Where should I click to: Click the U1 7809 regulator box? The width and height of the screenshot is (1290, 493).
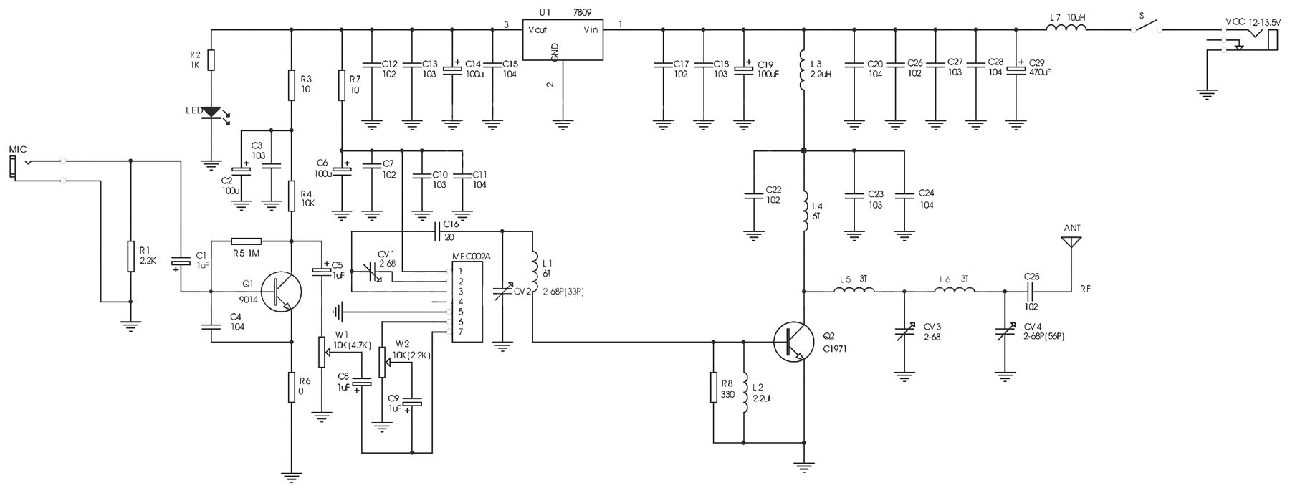[x=562, y=40]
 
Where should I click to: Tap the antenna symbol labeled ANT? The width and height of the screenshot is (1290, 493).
[x=1071, y=241]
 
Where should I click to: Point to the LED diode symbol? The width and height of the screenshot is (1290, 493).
[x=211, y=113]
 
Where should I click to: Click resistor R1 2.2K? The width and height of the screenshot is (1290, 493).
[x=130, y=257]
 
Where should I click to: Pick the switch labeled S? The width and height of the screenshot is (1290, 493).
[x=1146, y=27]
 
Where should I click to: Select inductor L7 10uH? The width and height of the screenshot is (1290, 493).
[x=1066, y=28]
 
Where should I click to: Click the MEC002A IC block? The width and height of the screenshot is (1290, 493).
[x=467, y=301]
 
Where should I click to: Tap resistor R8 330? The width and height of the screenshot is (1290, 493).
[x=714, y=387]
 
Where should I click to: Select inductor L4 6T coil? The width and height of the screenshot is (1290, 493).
[x=804, y=211]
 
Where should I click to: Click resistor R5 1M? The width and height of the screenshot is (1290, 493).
[x=247, y=241]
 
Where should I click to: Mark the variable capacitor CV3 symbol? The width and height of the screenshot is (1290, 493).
[x=904, y=333]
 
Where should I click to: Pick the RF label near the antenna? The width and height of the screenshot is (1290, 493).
[x=1086, y=289]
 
